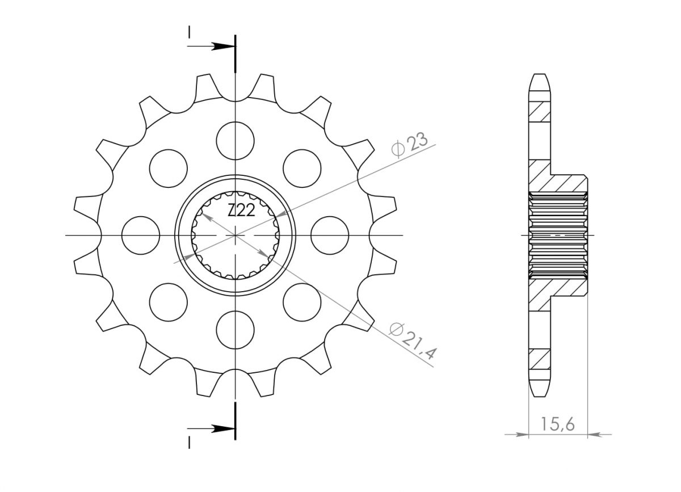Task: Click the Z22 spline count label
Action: coord(241,210)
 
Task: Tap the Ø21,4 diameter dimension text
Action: coord(413,341)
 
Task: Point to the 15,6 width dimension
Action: coord(557,424)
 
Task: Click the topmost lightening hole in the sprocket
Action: coord(236,141)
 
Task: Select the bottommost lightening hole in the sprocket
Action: coord(236,330)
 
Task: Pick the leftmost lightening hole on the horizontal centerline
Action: coord(141,236)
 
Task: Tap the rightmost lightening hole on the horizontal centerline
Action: coord(330,236)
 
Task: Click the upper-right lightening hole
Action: coord(302,169)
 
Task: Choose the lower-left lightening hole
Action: coord(169,302)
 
